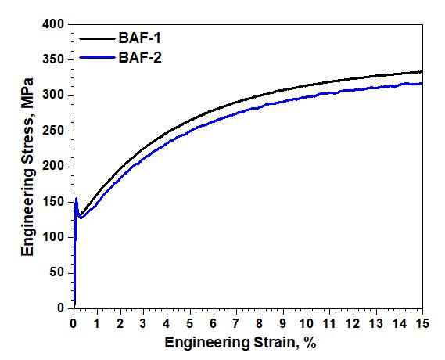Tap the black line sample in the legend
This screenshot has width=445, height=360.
pos(96,38)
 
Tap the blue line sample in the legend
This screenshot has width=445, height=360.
pos(96,56)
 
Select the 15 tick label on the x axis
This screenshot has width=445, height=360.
pos(422,323)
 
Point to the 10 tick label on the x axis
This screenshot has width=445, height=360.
pos(306,323)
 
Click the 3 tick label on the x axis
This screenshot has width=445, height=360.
pos(143,323)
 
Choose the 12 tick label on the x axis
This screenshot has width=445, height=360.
pos(352,323)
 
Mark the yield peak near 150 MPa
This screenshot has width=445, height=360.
pos(76,200)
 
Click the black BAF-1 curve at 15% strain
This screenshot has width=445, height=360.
pos(422,72)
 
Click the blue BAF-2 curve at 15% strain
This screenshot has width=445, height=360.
pos(422,83)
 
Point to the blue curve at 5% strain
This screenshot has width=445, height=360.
pos(190,133)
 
